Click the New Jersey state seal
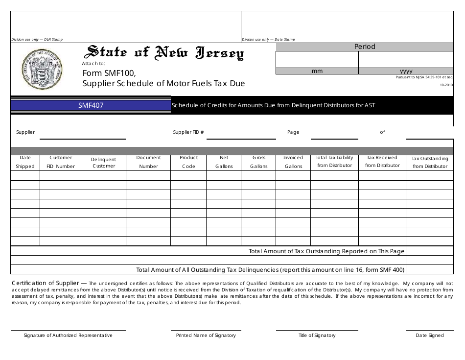tap(43, 69)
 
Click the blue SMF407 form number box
tap(91, 105)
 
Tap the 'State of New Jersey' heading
tap(165, 52)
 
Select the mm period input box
tap(317, 60)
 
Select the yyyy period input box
tap(406, 60)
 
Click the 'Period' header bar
tap(365, 47)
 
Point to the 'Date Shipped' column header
tap(25, 162)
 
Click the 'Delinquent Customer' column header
tap(103, 163)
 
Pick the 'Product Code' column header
tap(188, 162)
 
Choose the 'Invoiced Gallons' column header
tap(293, 162)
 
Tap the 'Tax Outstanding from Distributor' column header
tap(430, 163)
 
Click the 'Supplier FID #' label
tap(188, 132)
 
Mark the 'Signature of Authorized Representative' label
tap(68, 336)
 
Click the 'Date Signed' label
tap(430, 336)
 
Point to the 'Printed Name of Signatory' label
tap(206, 336)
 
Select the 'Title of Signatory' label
tap(317, 336)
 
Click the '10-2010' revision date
tap(446, 85)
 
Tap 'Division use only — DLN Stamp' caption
tap(37, 40)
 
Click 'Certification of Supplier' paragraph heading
tap(45, 283)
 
